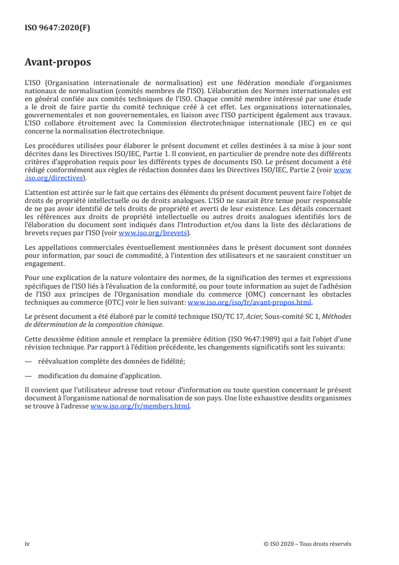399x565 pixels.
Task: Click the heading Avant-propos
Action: tap(58, 62)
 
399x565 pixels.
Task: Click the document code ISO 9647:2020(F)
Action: tap(57, 28)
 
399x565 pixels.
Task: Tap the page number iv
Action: tap(27, 544)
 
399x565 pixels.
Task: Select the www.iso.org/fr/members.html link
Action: tap(140, 407)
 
